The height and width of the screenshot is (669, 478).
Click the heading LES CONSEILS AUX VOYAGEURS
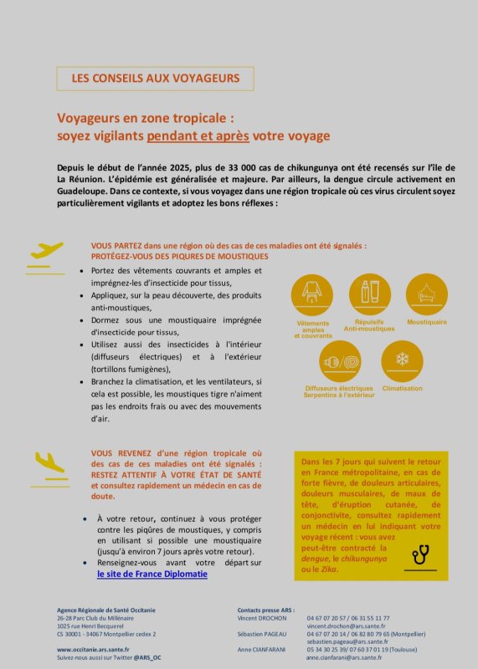click(155, 79)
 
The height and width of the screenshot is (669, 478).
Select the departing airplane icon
click(47, 250)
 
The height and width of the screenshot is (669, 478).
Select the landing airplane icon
click(50, 462)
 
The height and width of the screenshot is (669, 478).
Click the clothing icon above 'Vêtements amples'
click(312, 294)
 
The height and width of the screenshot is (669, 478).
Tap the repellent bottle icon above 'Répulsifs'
click(369, 294)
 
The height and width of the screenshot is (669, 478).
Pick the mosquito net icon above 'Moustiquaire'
click(427, 294)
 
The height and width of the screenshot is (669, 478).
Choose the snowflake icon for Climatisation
click(402, 360)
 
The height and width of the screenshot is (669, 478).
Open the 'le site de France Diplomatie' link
click(152, 575)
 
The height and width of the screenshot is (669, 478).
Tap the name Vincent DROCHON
click(262, 618)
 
